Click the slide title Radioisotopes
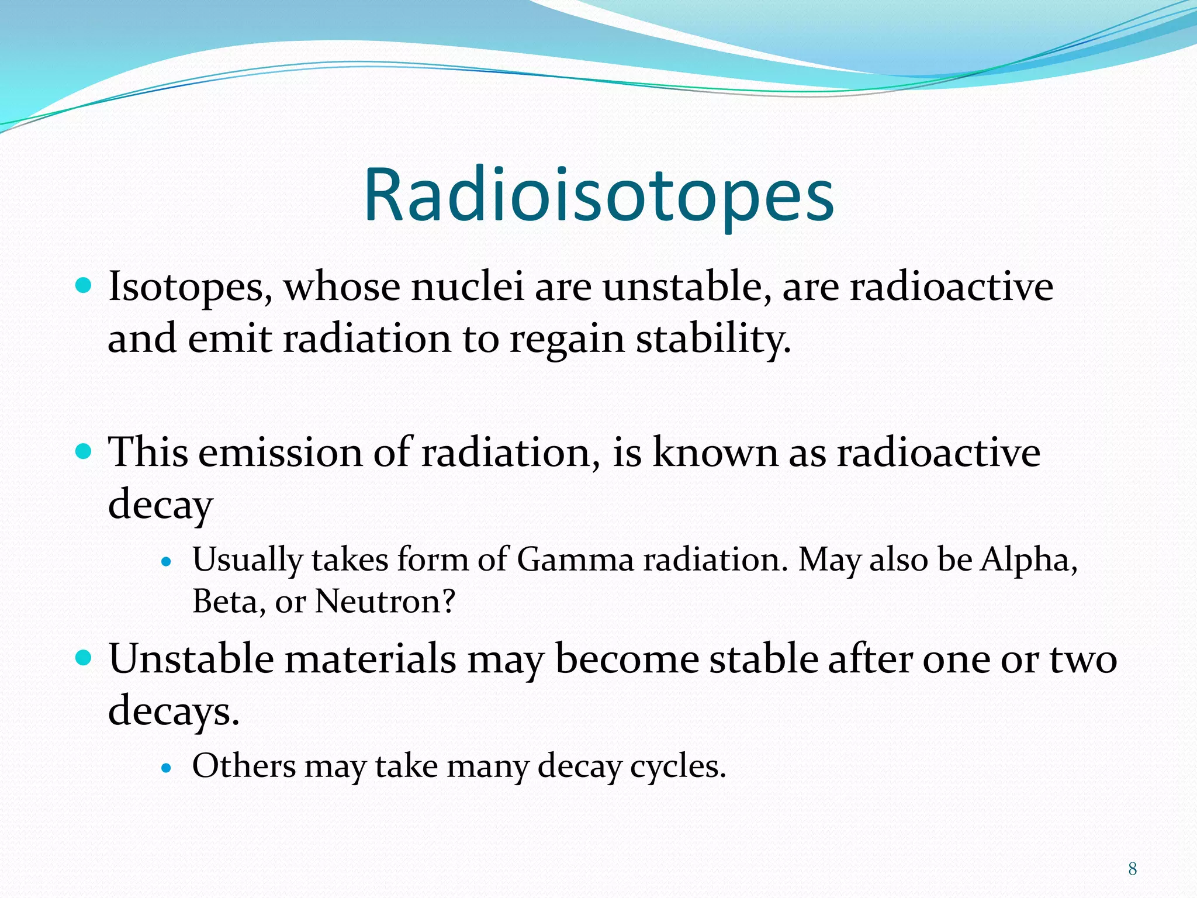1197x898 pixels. tap(598, 195)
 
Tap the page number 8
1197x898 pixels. tap(1132, 869)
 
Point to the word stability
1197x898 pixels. tap(712, 339)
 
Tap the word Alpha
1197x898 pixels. tap(1029, 559)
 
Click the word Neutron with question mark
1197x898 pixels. tap(384, 602)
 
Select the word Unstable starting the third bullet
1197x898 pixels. tap(191, 659)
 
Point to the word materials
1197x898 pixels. tap(370, 659)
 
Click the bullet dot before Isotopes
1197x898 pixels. tap(84, 286)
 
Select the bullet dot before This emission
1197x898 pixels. tap(84, 451)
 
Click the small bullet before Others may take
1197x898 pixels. tap(167, 768)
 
